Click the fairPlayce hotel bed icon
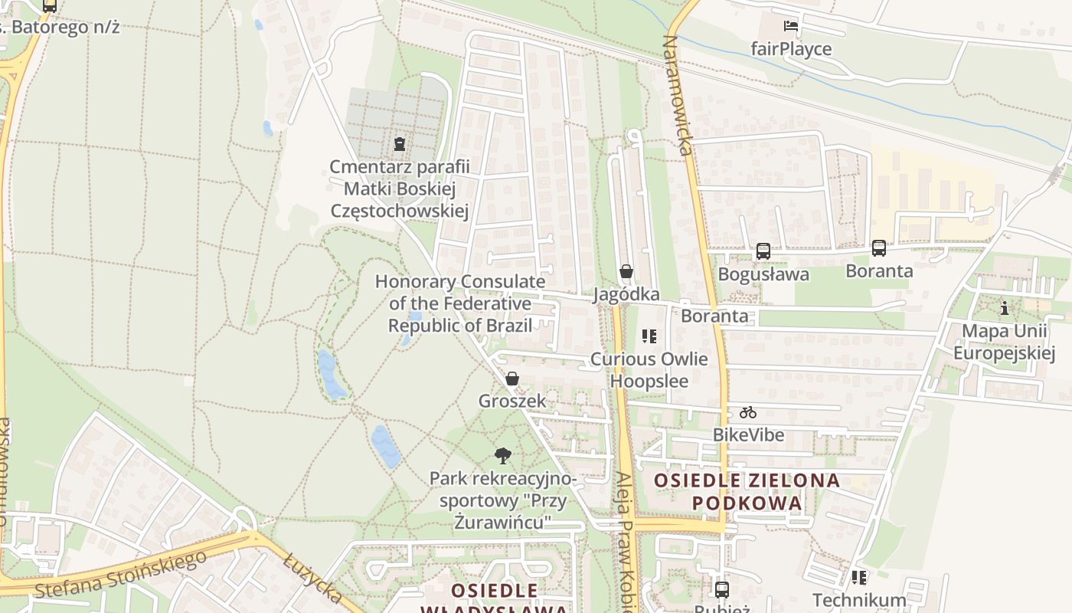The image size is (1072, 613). coord(791,27)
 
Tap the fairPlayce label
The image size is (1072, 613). coord(791,49)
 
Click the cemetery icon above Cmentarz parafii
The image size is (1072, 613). coord(398,143)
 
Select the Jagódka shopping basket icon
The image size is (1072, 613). coord(626,271)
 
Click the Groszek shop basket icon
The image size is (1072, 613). coord(512,379)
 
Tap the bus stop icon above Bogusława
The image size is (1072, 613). coord(763,251)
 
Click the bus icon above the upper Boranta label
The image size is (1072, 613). coord(878,248)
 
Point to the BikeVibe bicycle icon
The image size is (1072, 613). coord(748,412)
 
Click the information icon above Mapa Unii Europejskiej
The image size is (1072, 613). coord(1004,308)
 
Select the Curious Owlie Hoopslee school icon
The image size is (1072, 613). coord(649,336)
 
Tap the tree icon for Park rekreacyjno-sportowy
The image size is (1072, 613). coord(502,456)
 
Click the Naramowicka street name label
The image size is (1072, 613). coord(678,95)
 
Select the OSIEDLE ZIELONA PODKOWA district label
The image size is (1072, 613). coord(747,492)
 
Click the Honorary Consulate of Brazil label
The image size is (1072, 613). coord(459,303)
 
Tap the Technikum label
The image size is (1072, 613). coord(859,599)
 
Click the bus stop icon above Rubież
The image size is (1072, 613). coord(721,589)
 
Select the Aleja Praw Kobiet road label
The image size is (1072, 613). coord(625,540)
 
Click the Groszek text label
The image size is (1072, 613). coord(512,401)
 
